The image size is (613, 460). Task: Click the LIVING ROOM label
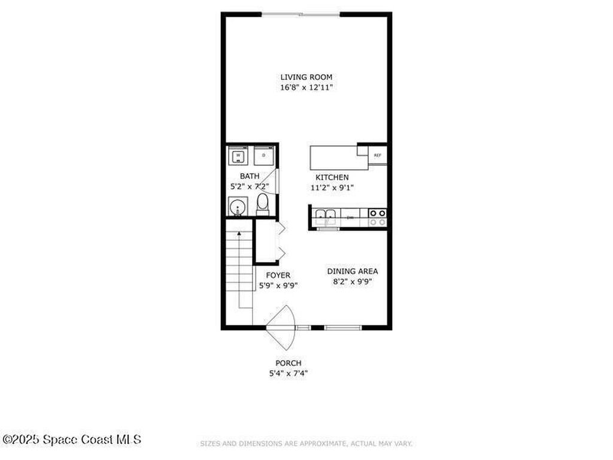[306, 77]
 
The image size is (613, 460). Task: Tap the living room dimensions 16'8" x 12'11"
[306, 87]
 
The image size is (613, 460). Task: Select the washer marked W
[238, 155]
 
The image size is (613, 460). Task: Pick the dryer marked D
[263, 155]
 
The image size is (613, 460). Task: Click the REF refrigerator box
[377, 156]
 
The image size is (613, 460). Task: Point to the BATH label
[250, 176]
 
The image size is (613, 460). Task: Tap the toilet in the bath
[262, 204]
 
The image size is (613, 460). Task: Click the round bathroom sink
[238, 208]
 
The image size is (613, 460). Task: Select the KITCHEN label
[332, 177]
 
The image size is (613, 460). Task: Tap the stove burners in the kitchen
[377, 217]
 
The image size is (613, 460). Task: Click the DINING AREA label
[352, 271]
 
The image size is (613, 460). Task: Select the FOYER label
[278, 275]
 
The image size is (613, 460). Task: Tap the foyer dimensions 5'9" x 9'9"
[278, 285]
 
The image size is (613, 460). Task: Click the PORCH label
[288, 363]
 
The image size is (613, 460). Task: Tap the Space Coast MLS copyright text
[72, 440]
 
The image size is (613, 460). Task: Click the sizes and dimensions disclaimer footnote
[306, 444]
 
